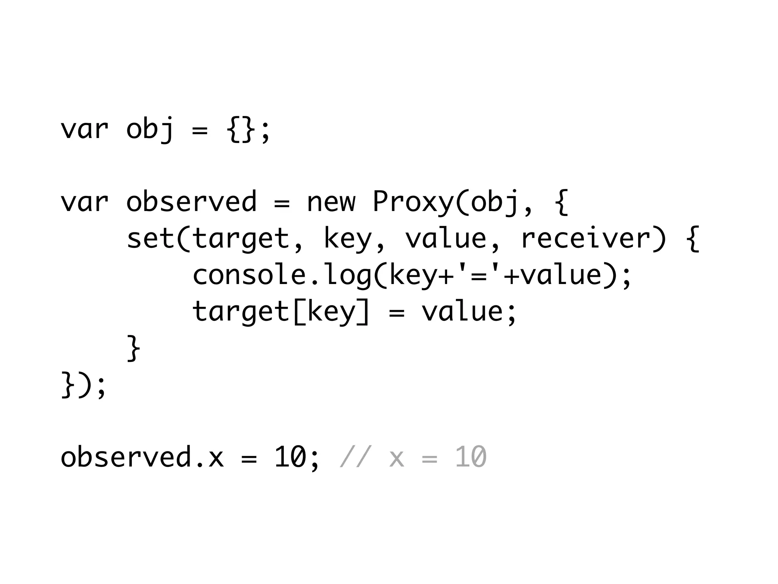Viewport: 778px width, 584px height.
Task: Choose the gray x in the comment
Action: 396,457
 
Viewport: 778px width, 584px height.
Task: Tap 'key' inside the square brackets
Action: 331,312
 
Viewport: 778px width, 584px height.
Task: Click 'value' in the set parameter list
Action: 446,239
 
